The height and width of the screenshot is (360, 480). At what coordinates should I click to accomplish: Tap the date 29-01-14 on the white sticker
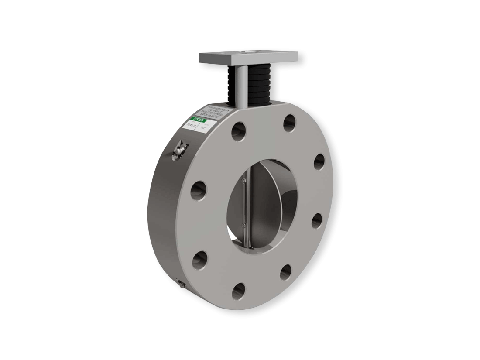click(x=191, y=125)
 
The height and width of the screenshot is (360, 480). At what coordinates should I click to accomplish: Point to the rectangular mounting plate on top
click(x=248, y=57)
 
